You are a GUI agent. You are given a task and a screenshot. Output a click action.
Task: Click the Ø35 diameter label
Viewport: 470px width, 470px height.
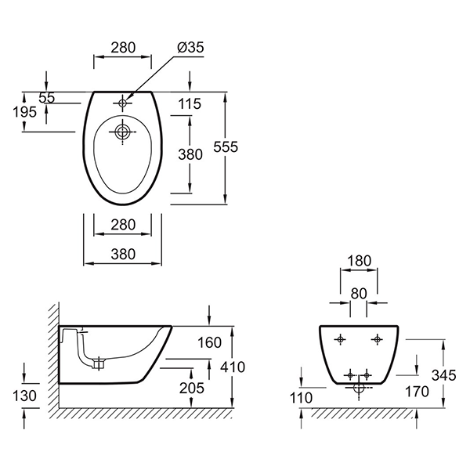tap(191, 48)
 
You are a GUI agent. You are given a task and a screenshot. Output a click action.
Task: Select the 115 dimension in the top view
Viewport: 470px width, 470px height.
tap(189, 103)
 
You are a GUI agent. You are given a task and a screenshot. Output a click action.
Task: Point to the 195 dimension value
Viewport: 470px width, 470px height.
tap(24, 111)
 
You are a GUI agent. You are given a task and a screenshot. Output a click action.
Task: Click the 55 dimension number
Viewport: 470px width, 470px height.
tap(47, 98)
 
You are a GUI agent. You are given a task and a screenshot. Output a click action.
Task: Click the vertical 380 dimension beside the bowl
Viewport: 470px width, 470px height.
tap(191, 155)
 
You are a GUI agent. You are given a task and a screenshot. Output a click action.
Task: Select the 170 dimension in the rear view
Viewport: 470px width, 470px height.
tap(416, 392)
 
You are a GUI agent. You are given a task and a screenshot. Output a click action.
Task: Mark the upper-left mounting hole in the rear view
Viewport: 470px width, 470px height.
tap(340, 338)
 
